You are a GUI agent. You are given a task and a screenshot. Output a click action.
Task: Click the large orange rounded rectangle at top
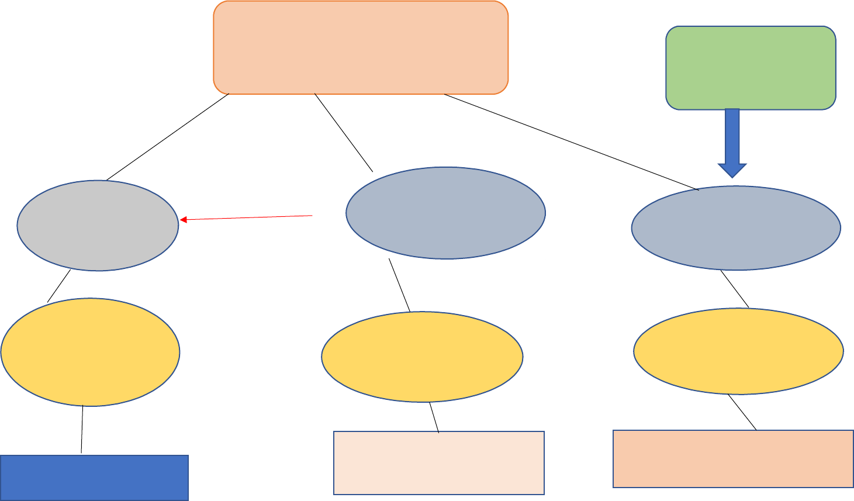pyautogui.click(x=361, y=47)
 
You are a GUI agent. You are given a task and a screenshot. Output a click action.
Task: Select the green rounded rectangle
pyautogui.click(x=751, y=68)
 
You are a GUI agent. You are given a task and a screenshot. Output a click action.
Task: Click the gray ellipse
pyautogui.click(x=98, y=225)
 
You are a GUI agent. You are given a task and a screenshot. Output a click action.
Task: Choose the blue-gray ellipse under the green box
pyautogui.click(x=736, y=228)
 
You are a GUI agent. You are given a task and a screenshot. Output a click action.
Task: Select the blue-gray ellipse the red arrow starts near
pyautogui.click(x=445, y=213)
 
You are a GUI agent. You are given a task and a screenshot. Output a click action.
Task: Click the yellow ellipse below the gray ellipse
pyautogui.click(x=90, y=352)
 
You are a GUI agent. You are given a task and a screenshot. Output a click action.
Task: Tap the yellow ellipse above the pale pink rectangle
pyautogui.click(x=422, y=357)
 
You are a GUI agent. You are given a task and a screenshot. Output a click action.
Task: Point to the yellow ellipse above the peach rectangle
pyautogui.click(x=738, y=351)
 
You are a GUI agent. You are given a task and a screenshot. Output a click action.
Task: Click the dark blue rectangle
pyautogui.click(x=94, y=478)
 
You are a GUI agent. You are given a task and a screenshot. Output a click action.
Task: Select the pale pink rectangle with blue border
pyautogui.click(x=438, y=463)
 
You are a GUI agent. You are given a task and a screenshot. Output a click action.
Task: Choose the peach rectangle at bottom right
pyautogui.click(x=733, y=459)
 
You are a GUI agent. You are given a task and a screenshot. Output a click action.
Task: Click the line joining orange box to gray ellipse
pyautogui.click(x=168, y=137)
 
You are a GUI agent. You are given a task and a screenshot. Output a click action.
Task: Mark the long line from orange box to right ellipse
pyautogui.click(x=571, y=142)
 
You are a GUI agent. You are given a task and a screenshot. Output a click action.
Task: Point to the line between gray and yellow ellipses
pyautogui.click(x=59, y=286)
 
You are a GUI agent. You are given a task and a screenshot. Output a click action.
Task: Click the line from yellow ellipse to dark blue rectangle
pyautogui.click(x=82, y=430)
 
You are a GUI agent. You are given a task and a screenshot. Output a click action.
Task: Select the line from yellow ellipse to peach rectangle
pyautogui.click(x=742, y=412)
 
